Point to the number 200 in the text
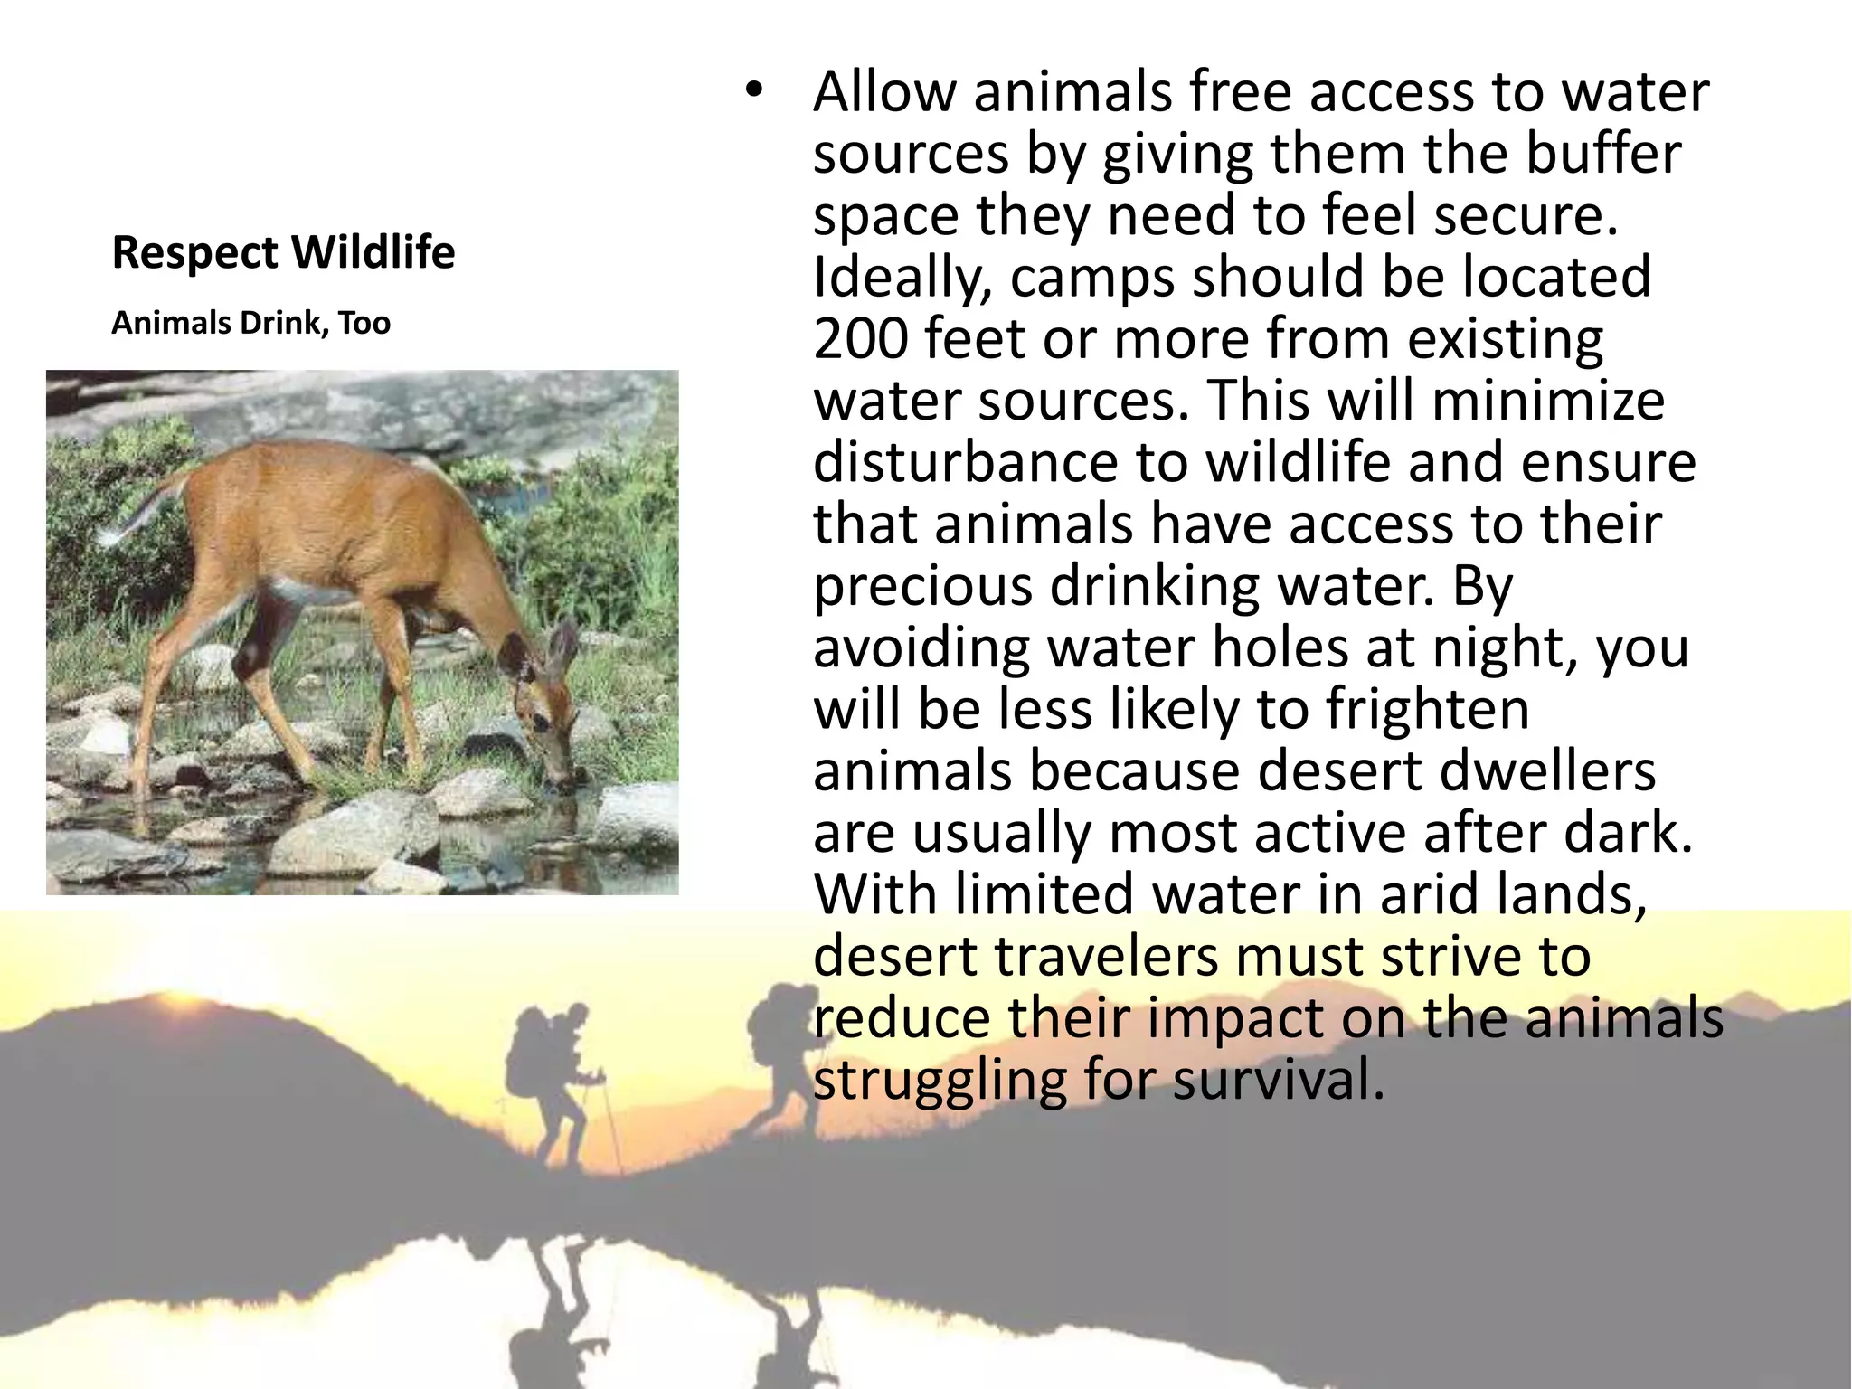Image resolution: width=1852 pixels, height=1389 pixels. click(x=859, y=339)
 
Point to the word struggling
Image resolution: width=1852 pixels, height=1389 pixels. click(x=940, y=1082)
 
